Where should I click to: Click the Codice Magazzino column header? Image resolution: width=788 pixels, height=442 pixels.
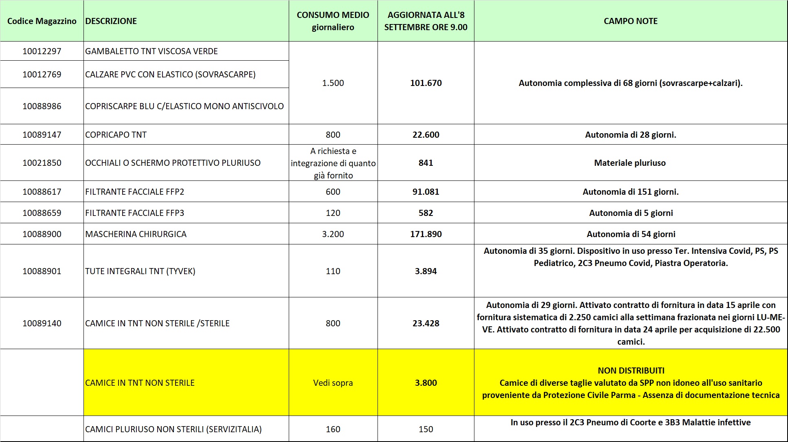pos(42,21)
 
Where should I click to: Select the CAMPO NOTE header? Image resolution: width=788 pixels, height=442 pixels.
pos(630,21)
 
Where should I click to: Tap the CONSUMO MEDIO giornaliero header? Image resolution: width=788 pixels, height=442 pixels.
pos(333,21)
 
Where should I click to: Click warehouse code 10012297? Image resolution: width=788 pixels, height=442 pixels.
pos(42,51)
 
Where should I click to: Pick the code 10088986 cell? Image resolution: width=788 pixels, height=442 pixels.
pos(42,106)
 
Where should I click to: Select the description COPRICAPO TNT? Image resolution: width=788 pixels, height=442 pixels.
pos(116,135)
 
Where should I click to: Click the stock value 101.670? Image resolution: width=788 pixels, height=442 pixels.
pos(426,83)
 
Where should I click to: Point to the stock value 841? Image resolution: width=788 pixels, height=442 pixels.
pos(426,163)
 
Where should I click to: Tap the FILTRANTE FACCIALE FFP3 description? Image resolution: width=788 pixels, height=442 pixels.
pos(134,213)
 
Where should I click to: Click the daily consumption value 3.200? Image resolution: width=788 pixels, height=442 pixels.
pos(333,234)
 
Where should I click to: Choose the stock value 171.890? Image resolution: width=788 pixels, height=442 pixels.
pos(426,234)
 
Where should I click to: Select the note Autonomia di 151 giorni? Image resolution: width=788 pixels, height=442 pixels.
pos(630,192)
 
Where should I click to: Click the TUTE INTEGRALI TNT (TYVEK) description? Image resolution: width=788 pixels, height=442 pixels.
pos(140,271)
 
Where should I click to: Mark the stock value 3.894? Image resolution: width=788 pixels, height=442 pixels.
pos(426,271)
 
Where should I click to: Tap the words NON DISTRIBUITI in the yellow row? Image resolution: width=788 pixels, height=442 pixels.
pos(631,371)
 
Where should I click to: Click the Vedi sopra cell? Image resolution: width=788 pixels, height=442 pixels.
pos(333,383)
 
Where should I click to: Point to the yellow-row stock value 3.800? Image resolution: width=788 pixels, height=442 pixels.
pos(426,383)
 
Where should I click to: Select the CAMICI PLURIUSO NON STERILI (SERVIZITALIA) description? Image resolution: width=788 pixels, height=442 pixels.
pos(173,429)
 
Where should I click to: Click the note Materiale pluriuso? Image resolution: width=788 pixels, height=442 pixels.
pos(630,163)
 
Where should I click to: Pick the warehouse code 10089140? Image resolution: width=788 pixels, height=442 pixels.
pos(42,323)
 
